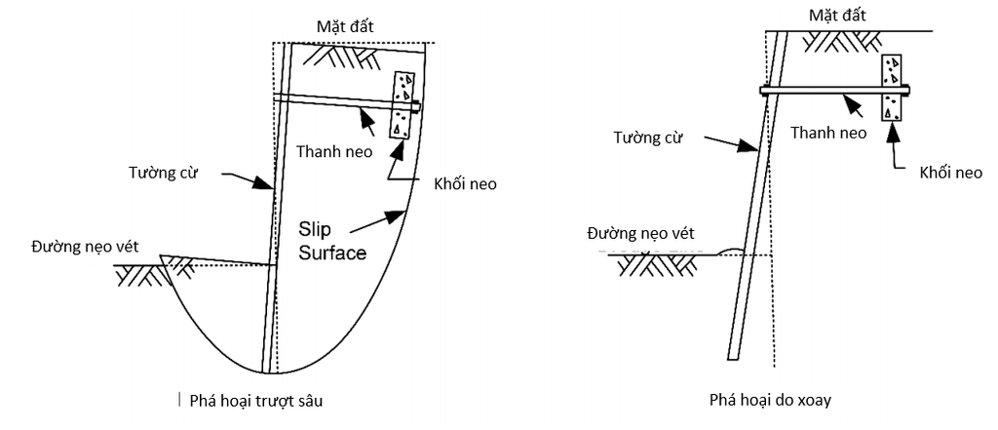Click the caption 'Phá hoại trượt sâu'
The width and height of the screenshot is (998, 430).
pos(256,401)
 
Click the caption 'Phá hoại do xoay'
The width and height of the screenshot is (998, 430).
pos(770,401)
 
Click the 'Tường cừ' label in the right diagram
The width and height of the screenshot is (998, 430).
pos(649,137)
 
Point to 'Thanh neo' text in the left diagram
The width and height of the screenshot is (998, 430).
pos(334,151)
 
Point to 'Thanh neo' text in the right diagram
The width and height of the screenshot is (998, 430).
pos(828,133)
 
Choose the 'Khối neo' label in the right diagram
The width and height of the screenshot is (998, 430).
pos(950,173)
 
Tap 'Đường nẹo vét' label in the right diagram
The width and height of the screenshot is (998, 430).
pos(641,232)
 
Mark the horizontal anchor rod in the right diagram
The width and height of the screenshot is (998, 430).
pos(835,91)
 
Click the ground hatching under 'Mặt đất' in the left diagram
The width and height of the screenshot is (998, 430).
pos(342,58)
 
